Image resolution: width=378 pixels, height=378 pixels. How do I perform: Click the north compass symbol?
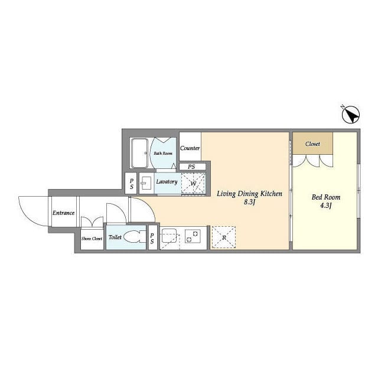tap(351, 115)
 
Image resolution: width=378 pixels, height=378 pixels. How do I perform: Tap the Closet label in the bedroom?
tap(312, 144)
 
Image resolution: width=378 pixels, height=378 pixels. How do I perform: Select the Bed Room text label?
tap(326, 197)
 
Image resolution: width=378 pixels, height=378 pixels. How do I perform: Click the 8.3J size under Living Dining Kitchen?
tap(249, 202)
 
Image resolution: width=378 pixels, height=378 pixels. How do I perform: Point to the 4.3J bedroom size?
tap(326, 206)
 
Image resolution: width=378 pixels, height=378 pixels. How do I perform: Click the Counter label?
tap(190, 148)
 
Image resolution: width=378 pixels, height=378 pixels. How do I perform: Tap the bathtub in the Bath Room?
tap(139, 153)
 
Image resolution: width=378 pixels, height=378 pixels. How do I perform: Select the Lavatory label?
tap(167, 181)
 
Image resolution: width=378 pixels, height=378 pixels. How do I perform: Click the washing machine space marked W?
tap(193, 183)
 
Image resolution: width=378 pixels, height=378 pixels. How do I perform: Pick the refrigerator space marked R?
tap(224, 237)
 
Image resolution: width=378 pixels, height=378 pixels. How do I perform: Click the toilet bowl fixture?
tap(135, 236)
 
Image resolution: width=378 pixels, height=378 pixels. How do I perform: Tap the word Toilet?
tap(115, 237)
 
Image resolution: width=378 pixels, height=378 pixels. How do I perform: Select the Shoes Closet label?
tap(92, 239)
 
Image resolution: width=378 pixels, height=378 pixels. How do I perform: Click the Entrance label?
tap(63, 213)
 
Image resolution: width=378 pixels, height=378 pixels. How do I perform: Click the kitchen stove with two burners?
tap(193, 236)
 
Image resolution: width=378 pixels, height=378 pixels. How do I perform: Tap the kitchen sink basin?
tap(170, 236)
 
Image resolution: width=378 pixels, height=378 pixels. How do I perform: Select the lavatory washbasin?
tap(146, 184)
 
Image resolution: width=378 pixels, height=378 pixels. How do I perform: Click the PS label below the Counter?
tap(191, 167)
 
